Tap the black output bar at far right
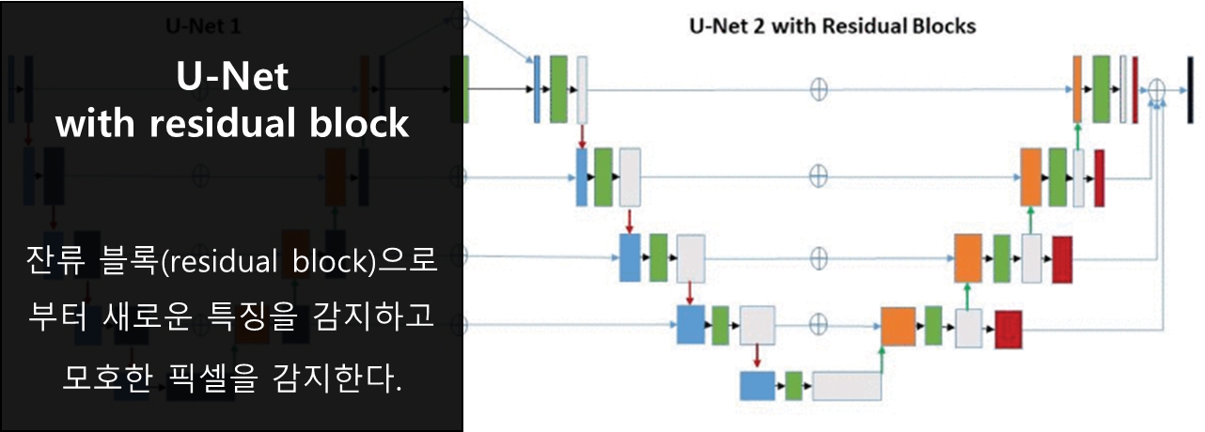pyautogui.click(x=1191, y=90)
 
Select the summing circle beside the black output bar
pyautogui.click(x=1157, y=88)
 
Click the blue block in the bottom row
pyautogui.click(x=757, y=386)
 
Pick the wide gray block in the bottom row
pyautogui.click(x=847, y=386)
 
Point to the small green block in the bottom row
pyautogui.click(x=793, y=386)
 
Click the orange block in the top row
pyautogui.click(x=1078, y=88)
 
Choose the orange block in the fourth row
pyautogui.click(x=898, y=327)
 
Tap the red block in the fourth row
pyautogui.click(x=1009, y=327)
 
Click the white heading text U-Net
pyautogui.click(x=232, y=78)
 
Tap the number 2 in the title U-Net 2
pyautogui.click(x=762, y=25)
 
